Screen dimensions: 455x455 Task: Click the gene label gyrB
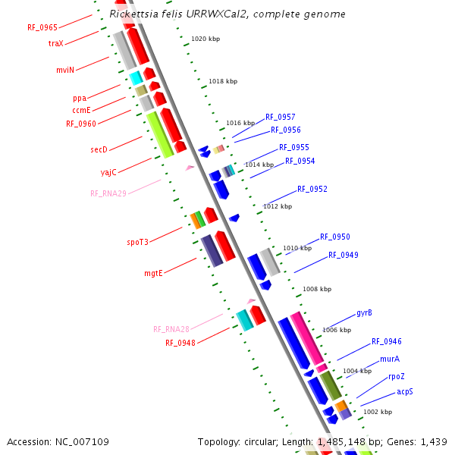364,312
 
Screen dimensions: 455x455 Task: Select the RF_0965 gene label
42,27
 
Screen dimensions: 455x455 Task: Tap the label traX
56,44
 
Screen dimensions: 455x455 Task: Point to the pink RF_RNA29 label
108,193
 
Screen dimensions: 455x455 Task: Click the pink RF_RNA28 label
171,329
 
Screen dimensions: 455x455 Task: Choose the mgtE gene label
154,273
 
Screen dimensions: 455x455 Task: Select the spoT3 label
137,242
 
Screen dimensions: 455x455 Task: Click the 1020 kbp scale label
206,39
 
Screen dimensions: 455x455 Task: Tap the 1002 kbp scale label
378,412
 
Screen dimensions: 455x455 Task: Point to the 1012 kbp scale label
278,206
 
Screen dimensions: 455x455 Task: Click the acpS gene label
405,391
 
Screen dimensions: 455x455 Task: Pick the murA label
390,359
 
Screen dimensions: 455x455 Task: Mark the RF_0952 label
312,189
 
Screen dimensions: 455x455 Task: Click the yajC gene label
108,172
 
